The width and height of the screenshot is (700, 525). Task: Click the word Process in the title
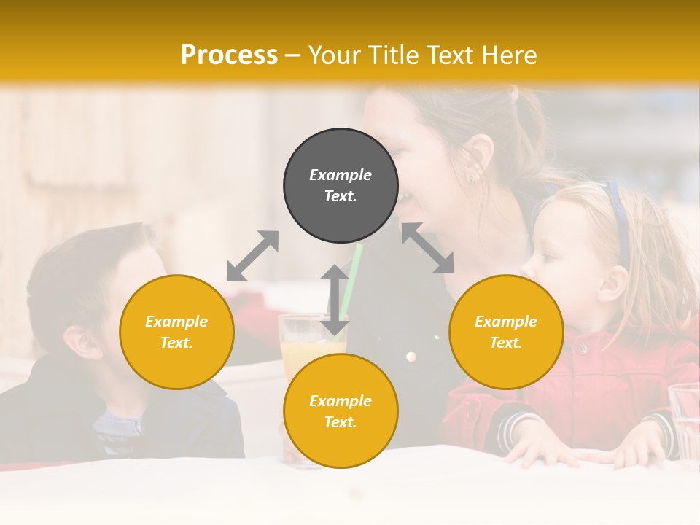[229, 55]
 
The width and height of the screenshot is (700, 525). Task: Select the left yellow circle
[176, 332]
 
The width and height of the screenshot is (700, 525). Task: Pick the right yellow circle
[506, 332]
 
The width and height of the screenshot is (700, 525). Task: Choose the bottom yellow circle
[341, 411]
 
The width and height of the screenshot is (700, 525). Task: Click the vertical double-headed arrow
[335, 300]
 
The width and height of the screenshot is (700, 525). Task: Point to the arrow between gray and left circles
[252, 256]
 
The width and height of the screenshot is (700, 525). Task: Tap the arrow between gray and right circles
[428, 248]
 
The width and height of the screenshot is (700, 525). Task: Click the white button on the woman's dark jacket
[411, 357]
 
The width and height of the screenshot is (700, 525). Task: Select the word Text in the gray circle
[341, 196]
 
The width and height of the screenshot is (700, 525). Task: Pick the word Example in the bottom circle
[341, 401]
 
